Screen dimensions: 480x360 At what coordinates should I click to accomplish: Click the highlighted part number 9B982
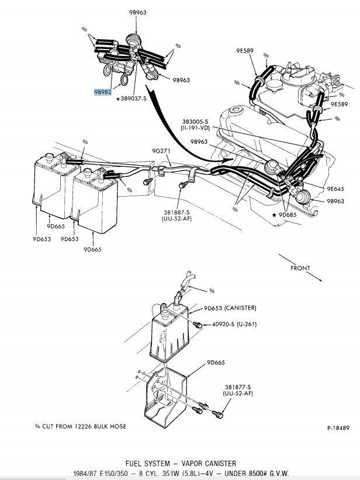[x=103, y=92]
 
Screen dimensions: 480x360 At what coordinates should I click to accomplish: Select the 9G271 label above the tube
[x=161, y=151]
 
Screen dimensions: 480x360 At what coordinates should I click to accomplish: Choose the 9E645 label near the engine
[x=335, y=188]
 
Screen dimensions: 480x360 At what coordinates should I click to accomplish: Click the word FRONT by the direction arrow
[x=300, y=268]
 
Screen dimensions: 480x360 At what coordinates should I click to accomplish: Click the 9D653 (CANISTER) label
[x=230, y=308]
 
